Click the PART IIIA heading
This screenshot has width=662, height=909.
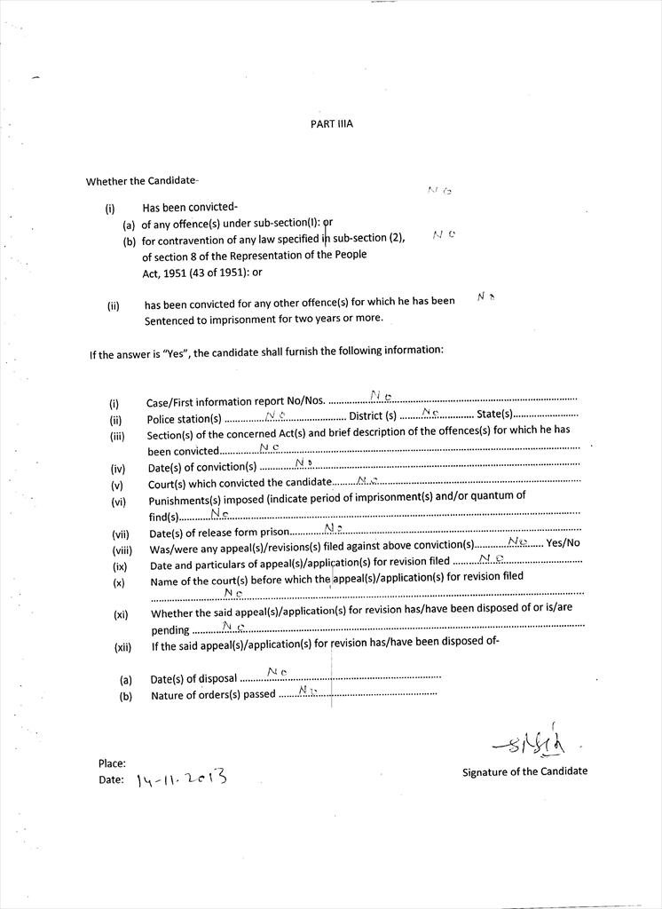tap(331, 124)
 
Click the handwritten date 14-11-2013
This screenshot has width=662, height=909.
tap(182, 779)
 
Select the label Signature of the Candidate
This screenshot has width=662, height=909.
tap(524, 771)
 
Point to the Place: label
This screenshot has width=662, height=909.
tap(112, 763)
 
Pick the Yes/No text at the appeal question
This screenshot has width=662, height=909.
tap(563, 543)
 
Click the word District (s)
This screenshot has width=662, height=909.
tap(373, 416)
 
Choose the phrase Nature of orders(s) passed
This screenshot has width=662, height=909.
tap(213, 695)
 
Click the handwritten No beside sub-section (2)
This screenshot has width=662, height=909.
tap(445, 235)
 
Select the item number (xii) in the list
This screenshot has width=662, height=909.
tap(122, 647)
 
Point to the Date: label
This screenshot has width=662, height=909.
tap(111, 780)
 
